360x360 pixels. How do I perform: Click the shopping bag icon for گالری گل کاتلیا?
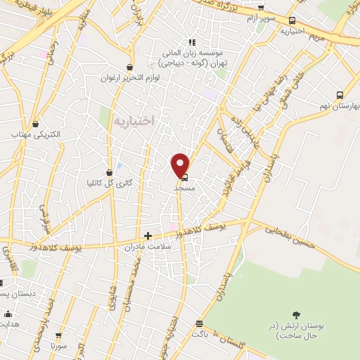(109, 172)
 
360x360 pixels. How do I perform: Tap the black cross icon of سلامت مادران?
(148, 236)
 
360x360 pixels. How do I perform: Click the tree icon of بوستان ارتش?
(295, 316)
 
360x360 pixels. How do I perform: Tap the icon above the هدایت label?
(8, 314)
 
